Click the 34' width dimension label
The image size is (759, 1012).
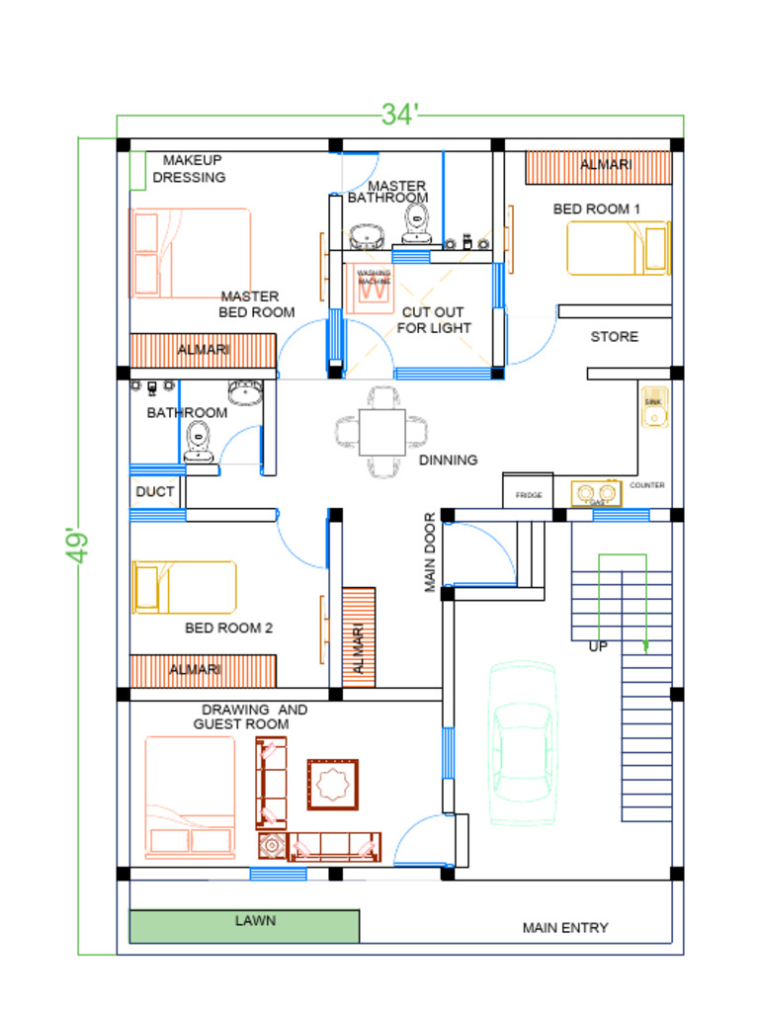[x=400, y=115]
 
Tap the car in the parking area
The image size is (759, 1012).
[x=523, y=744]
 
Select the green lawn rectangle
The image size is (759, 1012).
[x=244, y=927]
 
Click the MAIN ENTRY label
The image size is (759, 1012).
[x=565, y=928]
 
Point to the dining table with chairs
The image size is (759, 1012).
[x=381, y=432]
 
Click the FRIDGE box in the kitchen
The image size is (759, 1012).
[x=528, y=492]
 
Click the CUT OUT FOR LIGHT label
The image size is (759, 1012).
[x=434, y=320]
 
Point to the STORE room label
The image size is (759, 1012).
[x=615, y=337]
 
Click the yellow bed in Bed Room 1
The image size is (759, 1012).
[x=618, y=248]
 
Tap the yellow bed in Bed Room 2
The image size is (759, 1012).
[x=185, y=587]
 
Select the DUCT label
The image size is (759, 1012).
[x=155, y=491]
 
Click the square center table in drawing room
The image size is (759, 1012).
[x=332, y=784]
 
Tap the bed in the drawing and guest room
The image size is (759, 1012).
[x=191, y=798]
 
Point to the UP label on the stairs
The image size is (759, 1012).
[x=598, y=647]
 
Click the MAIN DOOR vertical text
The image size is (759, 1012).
[x=431, y=552]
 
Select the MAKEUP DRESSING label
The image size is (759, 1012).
[x=191, y=169]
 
